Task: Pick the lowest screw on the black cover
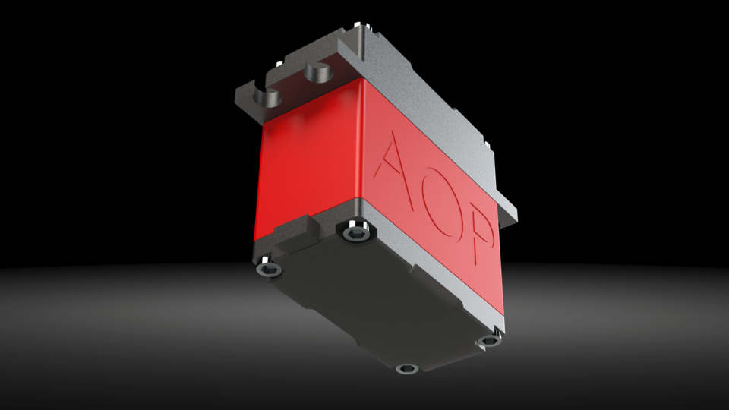pos(407,370)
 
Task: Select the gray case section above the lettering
pos(433,91)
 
